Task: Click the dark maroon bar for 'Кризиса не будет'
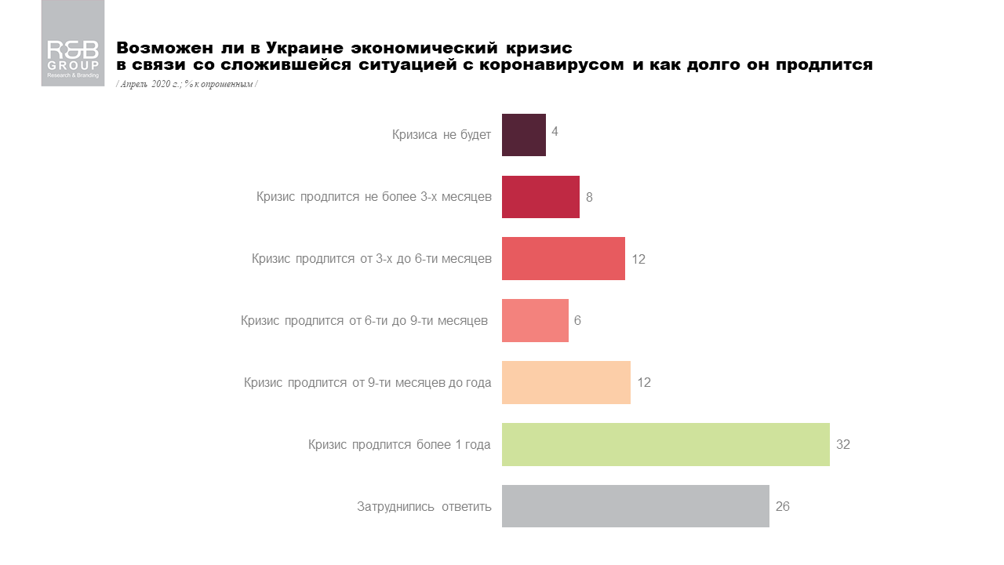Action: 523,135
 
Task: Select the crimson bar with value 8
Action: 540,197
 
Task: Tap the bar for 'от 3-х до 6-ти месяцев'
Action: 563,258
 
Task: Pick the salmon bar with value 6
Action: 535,320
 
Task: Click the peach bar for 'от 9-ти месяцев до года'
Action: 566,382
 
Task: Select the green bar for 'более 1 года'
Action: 665,444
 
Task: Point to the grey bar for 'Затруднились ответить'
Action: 635,506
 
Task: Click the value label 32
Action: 843,444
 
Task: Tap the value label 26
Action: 782,506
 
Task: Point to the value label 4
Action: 555,131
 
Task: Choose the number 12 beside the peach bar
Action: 644,382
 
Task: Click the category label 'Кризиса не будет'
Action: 442,135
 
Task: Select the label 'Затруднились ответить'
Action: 424,507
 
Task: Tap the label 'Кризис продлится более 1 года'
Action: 399,445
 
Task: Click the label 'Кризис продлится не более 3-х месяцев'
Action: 374,197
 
